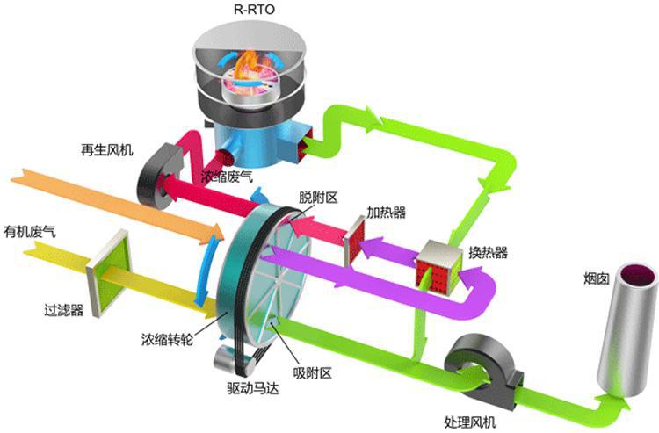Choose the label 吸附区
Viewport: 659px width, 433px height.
click(x=313, y=373)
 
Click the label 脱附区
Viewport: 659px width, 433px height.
click(x=318, y=198)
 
